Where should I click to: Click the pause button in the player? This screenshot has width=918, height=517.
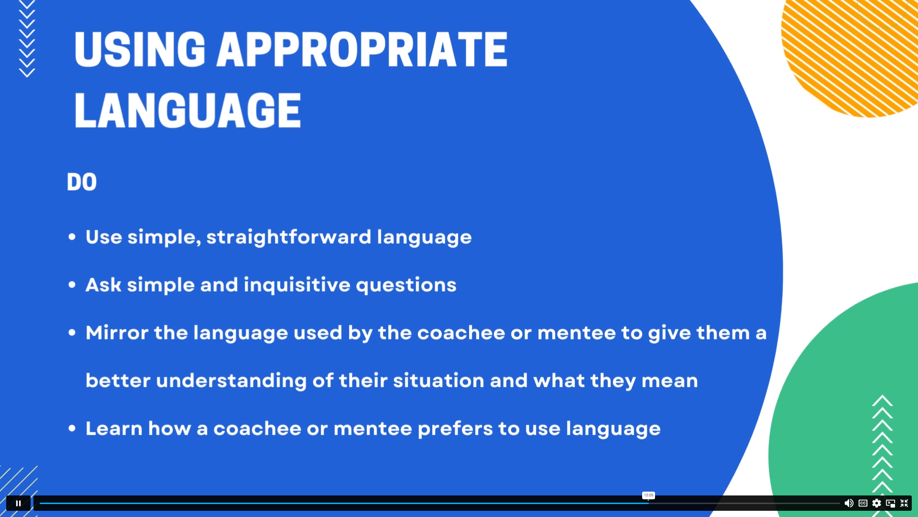point(18,503)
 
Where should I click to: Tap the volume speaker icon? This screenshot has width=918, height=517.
point(849,503)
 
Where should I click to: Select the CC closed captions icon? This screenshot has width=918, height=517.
point(863,503)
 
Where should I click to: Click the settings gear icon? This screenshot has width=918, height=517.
point(876,503)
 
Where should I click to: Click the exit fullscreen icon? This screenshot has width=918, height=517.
point(904,503)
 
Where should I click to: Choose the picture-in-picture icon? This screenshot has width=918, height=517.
point(890,503)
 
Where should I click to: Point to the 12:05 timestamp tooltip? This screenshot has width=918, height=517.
point(648,495)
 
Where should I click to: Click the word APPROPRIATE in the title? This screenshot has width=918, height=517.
point(362,49)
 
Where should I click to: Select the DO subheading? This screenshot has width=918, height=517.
point(82,182)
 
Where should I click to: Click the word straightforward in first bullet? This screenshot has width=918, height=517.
point(288,237)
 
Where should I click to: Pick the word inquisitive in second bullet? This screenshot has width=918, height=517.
point(297,285)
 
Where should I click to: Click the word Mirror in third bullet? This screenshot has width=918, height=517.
point(117,333)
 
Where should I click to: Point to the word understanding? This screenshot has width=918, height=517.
point(231,381)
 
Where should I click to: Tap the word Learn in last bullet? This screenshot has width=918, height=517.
point(114,428)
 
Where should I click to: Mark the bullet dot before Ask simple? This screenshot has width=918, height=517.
point(72,285)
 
